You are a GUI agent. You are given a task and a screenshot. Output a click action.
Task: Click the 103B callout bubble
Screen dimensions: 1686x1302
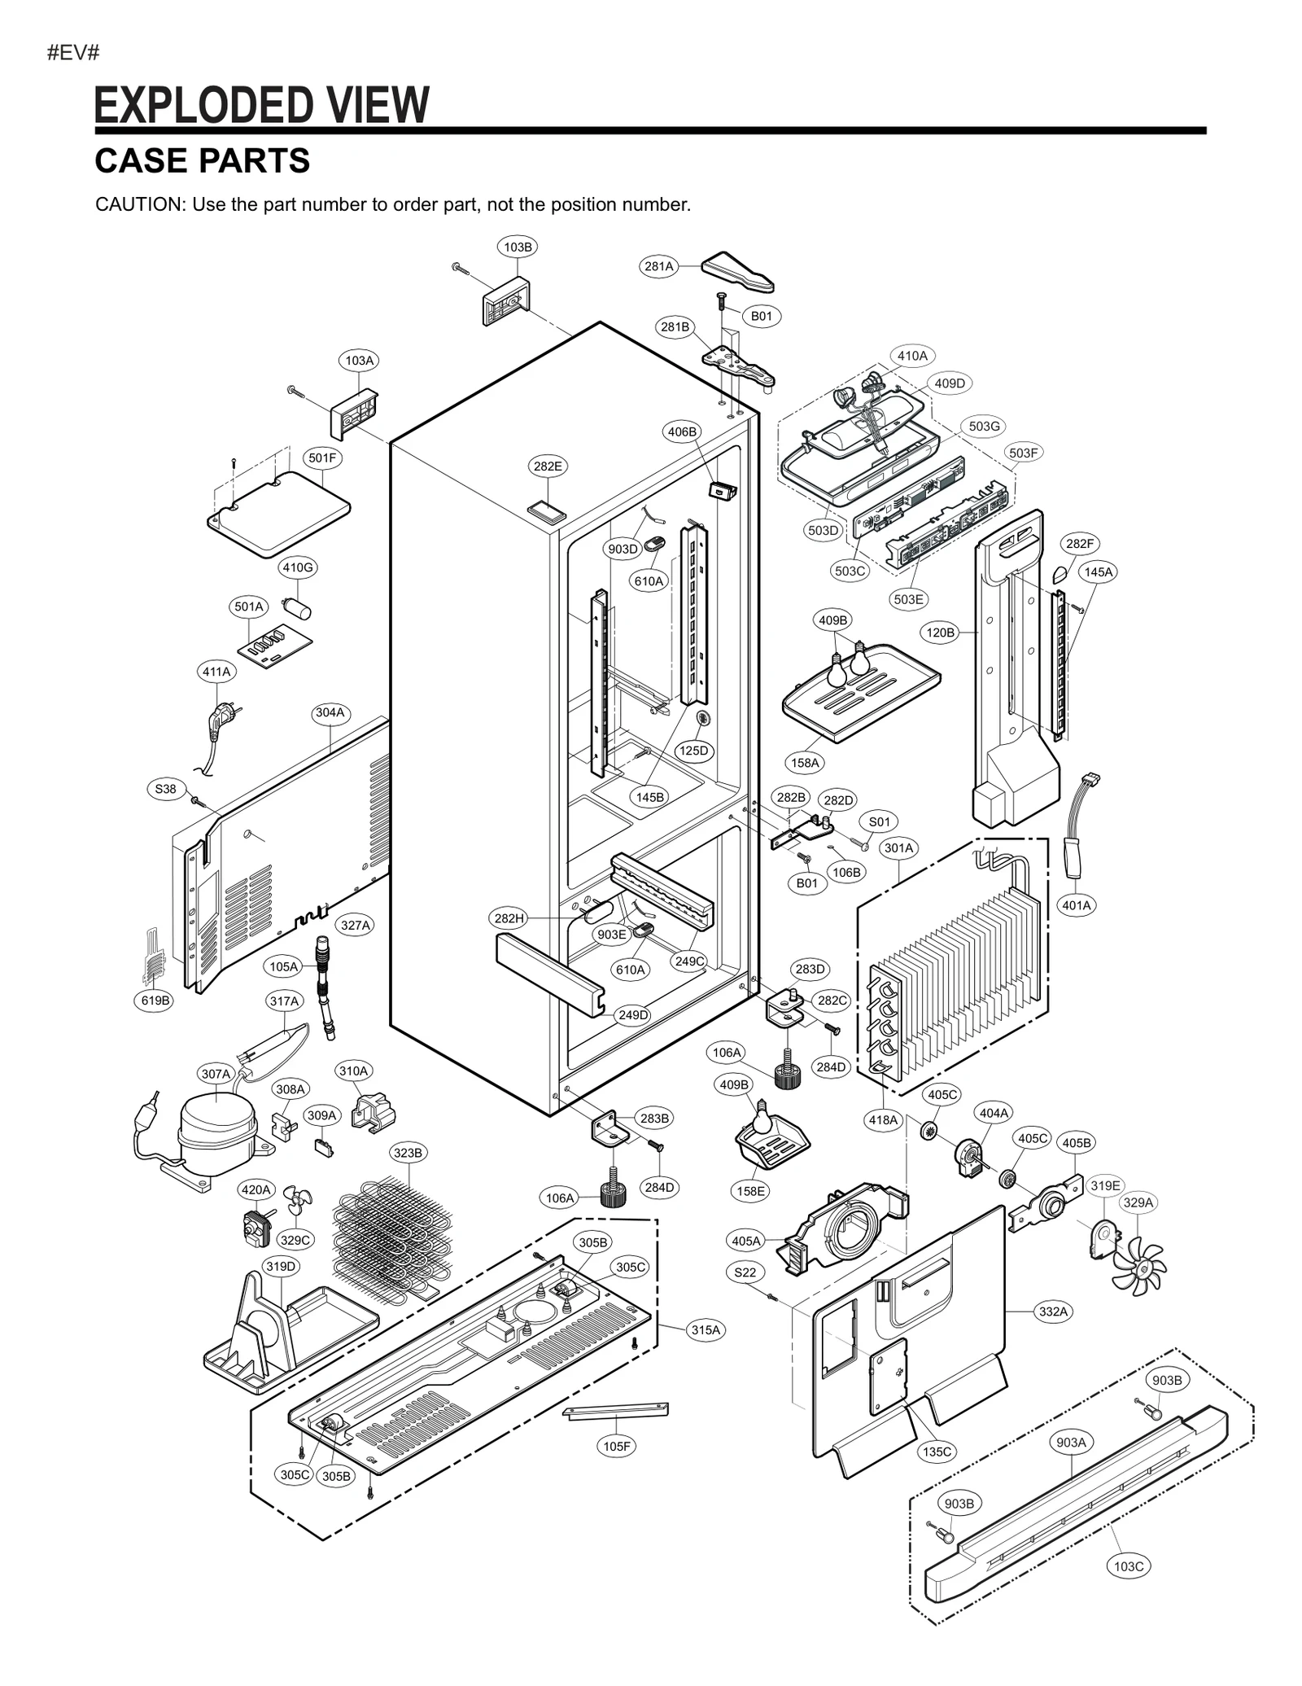tap(518, 247)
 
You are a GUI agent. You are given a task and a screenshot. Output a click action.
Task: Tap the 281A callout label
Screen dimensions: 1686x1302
tap(658, 266)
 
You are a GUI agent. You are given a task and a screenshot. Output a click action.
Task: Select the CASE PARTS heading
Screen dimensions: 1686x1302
tap(202, 161)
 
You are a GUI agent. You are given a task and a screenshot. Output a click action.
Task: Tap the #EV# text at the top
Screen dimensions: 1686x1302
tap(73, 54)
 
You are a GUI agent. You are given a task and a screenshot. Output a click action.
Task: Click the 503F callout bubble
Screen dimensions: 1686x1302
tap(1023, 453)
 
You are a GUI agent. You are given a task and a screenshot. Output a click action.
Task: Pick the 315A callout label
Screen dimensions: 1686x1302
tap(706, 1329)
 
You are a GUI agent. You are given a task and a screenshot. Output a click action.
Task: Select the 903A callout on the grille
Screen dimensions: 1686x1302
tap(1071, 1441)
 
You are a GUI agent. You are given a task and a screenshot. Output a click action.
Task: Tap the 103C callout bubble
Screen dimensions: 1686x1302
tap(1129, 1566)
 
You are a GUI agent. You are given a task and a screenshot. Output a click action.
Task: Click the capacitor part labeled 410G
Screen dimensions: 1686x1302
tap(298, 607)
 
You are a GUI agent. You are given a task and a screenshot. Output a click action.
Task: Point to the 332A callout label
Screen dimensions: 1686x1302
tap(1053, 1311)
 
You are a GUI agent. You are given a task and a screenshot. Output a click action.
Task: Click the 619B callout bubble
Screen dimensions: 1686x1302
tap(154, 1001)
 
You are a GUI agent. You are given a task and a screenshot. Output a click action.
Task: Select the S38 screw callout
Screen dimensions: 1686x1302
tap(165, 788)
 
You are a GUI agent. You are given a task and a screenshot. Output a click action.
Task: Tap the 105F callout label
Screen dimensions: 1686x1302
tap(617, 1446)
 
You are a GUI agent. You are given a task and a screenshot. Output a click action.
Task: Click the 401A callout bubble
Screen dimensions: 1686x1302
tap(1077, 904)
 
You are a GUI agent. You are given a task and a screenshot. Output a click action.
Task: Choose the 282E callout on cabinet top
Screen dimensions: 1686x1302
tap(548, 466)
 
